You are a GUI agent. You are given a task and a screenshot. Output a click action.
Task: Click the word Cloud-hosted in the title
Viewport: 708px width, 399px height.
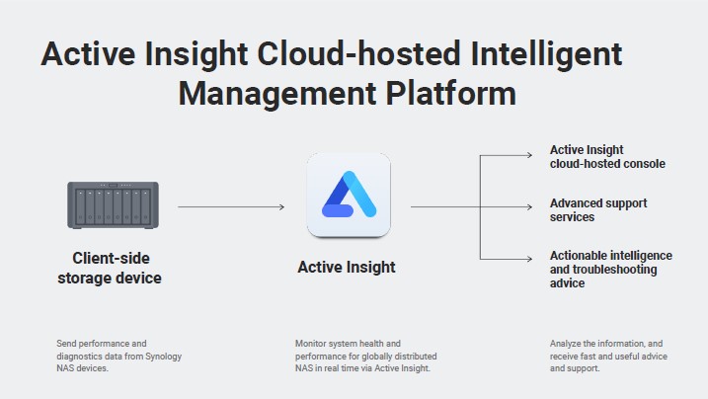[358, 53]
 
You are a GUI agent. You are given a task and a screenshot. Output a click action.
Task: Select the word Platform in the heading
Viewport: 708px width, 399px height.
[450, 94]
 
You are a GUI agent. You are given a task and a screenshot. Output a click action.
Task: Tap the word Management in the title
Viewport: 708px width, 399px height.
[277, 96]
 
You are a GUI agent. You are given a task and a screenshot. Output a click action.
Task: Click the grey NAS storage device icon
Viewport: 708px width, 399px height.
[113, 205]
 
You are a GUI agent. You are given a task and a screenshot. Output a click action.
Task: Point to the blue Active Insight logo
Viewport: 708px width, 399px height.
[349, 195]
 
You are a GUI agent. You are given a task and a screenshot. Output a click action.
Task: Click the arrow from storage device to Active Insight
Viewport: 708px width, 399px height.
[231, 206]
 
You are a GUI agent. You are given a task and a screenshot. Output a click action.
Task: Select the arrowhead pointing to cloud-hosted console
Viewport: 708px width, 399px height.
[529, 155]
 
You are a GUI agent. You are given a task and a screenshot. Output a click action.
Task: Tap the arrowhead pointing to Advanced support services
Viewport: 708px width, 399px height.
[529, 206]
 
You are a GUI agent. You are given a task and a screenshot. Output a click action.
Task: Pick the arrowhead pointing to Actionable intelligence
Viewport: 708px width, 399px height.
[529, 259]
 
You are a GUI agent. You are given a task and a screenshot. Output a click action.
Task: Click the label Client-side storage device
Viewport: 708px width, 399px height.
[110, 268]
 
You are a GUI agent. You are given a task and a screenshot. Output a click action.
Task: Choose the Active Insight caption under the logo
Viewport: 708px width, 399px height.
[347, 268]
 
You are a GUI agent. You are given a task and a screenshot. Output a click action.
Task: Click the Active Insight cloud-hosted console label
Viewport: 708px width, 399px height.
[607, 157]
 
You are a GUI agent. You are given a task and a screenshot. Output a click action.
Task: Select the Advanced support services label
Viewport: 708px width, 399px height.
[598, 210]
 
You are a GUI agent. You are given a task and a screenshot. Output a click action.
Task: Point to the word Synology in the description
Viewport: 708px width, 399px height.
[163, 357]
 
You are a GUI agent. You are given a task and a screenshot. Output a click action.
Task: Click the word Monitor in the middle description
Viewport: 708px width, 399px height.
[311, 344]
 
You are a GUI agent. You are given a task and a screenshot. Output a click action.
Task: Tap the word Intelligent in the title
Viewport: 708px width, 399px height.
[546, 53]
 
